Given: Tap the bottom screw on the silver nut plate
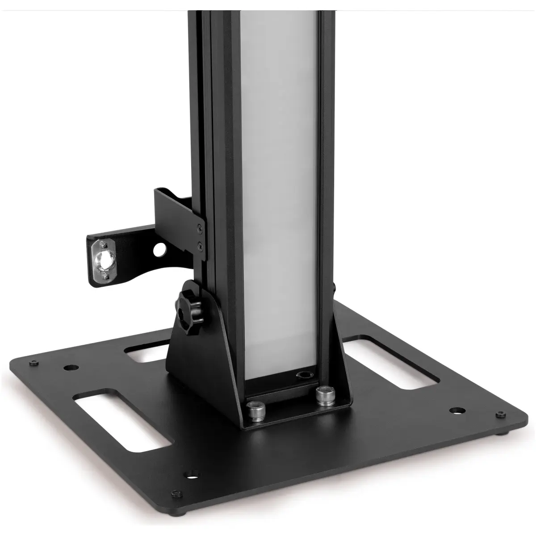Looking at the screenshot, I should coord(105,277).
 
